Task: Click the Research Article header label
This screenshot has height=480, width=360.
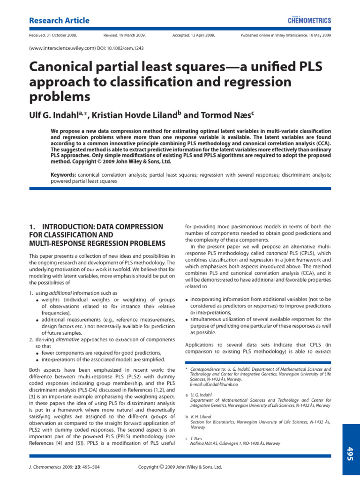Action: (x=59, y=21)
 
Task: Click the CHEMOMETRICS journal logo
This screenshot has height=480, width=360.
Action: (x=309, y=20)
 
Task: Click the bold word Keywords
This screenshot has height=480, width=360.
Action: (x=63, y=174)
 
